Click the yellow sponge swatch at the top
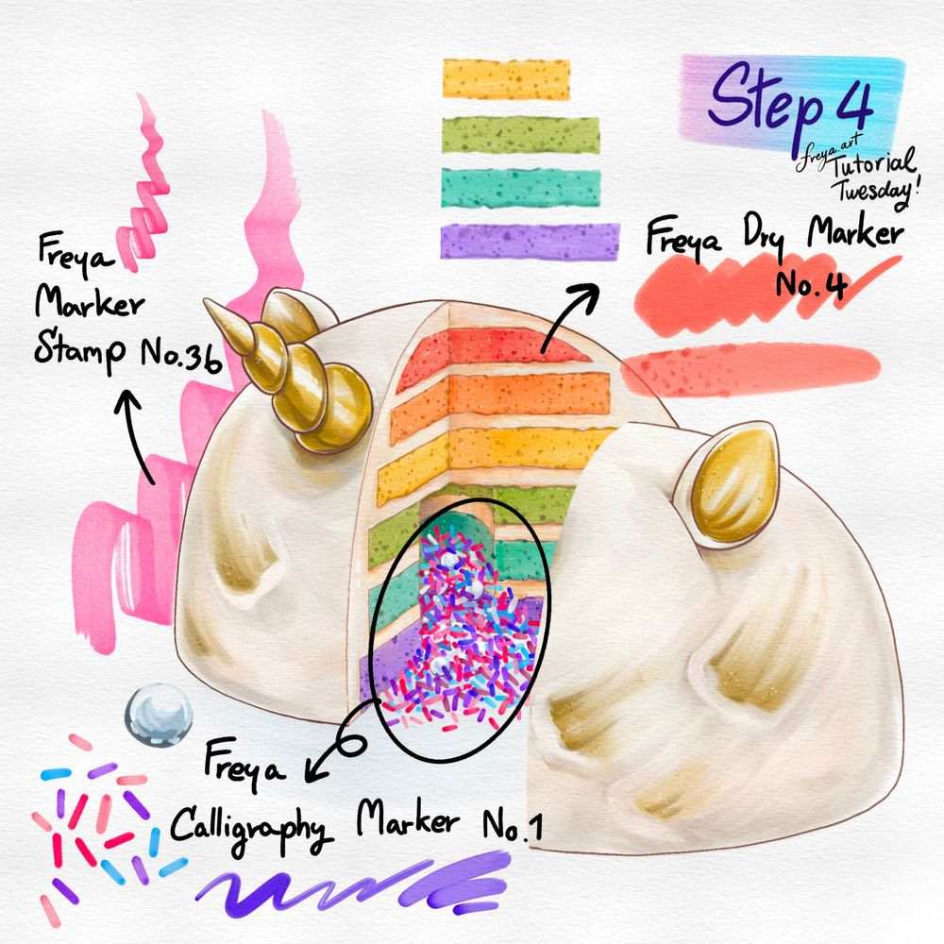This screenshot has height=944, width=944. pos(506,78)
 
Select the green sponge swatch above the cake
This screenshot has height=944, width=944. pos(521,134)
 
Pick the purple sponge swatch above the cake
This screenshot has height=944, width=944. pos(529,241)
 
